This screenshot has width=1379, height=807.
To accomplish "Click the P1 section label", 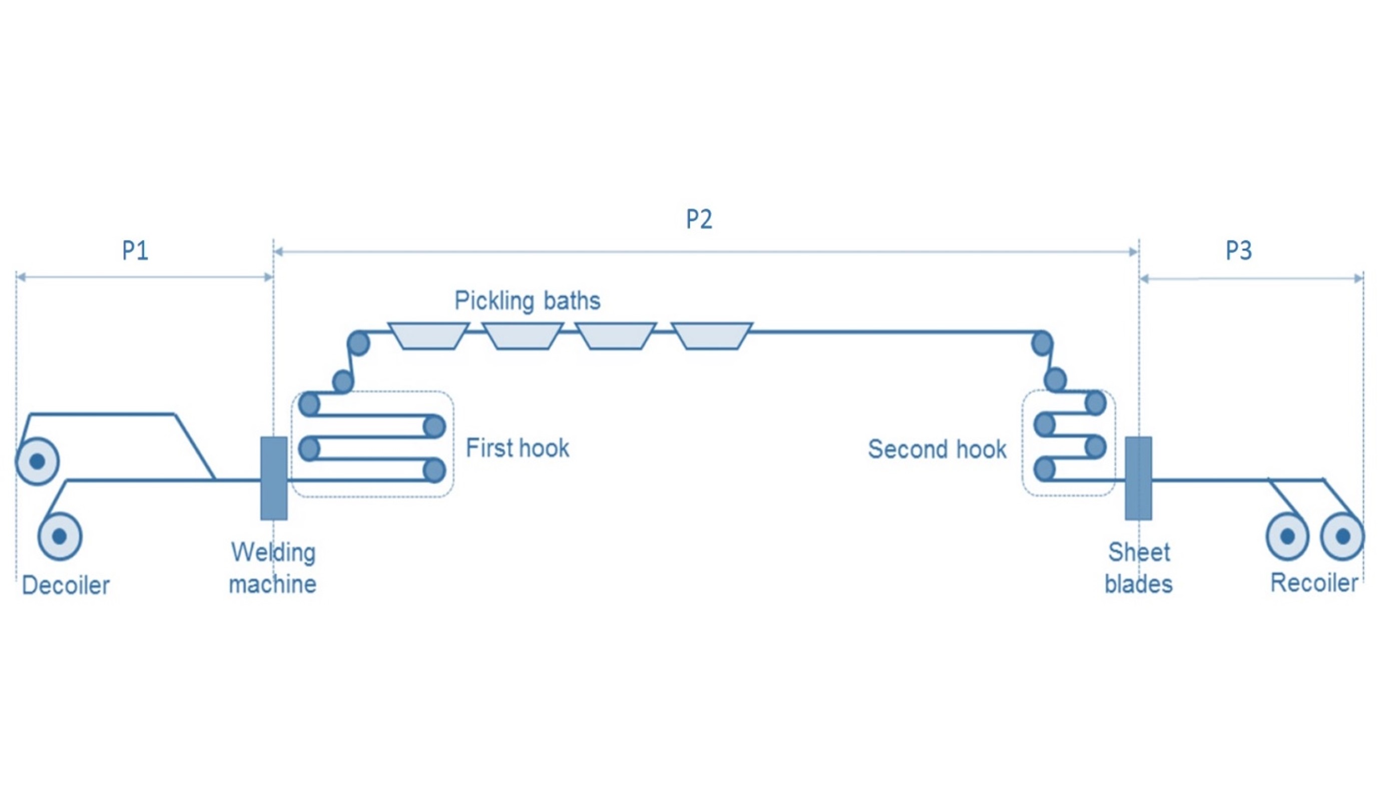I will [135, 251].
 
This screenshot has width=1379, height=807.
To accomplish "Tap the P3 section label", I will [1238, 251].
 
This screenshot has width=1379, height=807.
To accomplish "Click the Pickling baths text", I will [527, 300].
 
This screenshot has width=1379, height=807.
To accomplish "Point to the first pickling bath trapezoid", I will [428, 335].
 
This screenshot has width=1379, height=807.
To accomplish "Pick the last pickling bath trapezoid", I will [711, 335].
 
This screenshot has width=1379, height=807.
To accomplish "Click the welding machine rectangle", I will [274, 478].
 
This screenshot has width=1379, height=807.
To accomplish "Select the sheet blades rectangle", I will [1138, 478].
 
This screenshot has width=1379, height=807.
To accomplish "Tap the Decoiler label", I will [66, 585].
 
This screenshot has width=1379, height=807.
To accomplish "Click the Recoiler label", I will [1313, 583].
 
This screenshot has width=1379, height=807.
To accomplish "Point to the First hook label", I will [517, 448].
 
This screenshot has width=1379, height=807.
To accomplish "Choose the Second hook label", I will [937, 449].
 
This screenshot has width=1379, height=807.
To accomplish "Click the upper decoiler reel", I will [37, 461].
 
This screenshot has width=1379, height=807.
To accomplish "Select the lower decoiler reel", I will [60, 536].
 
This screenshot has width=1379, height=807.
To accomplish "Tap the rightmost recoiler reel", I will [1342, 536].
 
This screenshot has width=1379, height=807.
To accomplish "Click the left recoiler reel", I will [1287, 536].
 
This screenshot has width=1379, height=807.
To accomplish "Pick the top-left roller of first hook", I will [309, 404].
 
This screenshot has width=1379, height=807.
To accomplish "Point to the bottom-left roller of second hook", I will [1045, 469].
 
